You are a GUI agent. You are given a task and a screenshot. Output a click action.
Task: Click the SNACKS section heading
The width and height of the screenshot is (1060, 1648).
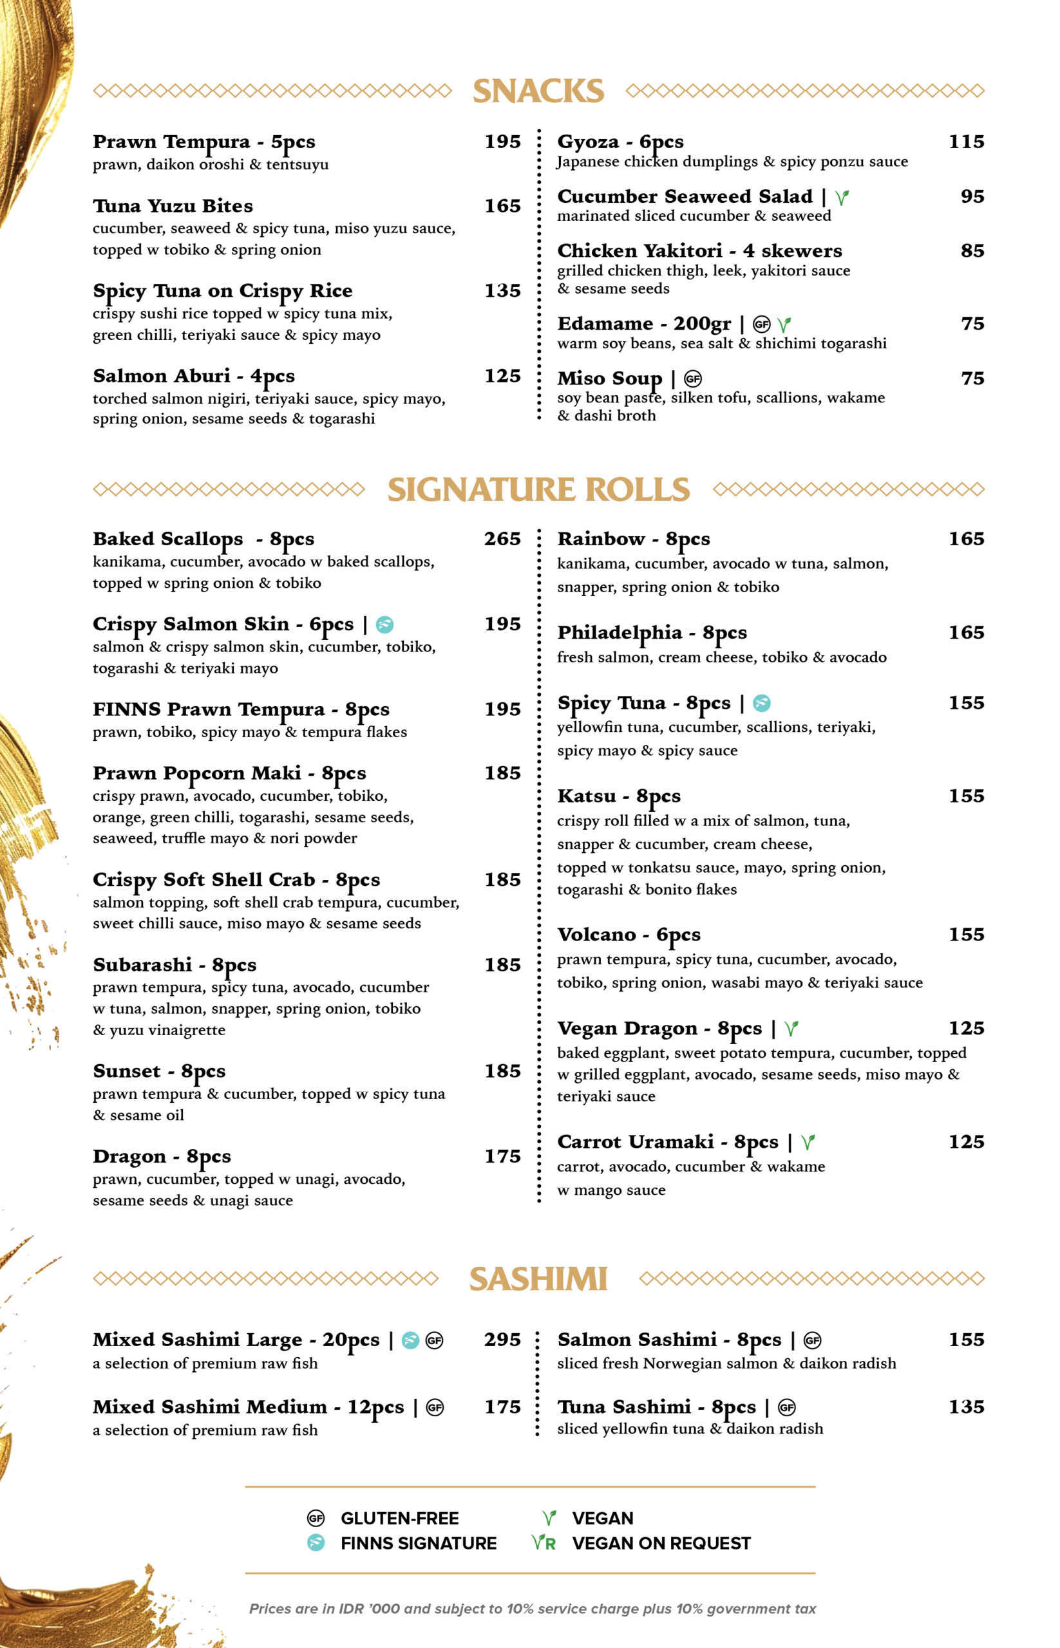coord(538,91)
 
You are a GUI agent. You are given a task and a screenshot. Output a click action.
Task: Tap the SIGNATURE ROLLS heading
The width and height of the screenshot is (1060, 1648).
coord(538,489)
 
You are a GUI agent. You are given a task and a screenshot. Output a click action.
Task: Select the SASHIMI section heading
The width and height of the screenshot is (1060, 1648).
coord(538,1279)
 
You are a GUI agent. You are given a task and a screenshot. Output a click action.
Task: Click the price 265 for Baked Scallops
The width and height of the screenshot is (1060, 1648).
coord(502,539)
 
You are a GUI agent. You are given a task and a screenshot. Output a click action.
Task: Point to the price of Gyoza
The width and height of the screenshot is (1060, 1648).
coord(966,141)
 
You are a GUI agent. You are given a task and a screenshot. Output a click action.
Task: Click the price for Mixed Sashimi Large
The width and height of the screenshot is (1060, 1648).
coord(502,1339)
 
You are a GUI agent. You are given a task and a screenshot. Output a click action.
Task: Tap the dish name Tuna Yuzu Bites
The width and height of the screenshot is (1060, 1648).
coord(173,206)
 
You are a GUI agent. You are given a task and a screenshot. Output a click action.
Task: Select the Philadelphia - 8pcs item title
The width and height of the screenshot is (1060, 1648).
coord(651,632)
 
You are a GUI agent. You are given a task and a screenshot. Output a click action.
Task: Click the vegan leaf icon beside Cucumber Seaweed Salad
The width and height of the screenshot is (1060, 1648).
coord(841,198)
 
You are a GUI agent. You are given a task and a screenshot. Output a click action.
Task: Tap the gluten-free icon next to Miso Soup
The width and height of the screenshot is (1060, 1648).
coord(692,379)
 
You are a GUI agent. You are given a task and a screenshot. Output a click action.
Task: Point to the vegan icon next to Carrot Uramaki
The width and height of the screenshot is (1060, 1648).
coord(808,1143)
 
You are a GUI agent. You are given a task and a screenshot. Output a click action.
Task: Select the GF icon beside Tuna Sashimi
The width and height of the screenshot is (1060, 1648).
coord(787,1407)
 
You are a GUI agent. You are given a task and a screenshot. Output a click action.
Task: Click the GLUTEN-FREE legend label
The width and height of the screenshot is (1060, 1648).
coord(399,1518)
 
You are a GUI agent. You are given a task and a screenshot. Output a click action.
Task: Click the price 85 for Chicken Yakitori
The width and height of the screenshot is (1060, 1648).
coord(972,250)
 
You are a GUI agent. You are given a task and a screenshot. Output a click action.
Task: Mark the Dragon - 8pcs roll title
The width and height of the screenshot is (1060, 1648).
coord(162,1157)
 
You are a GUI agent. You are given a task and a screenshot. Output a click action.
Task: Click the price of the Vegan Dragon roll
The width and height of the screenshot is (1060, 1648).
coord(966,1028)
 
